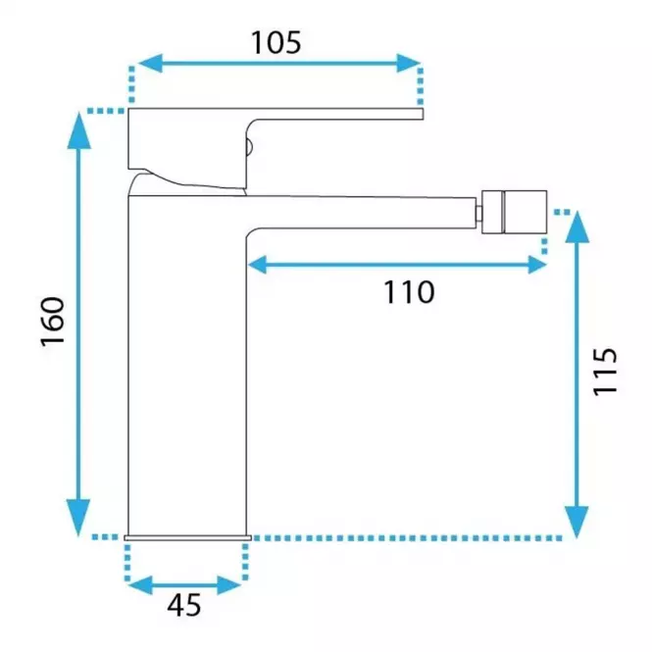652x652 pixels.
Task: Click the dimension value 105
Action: click(x=276, y=42)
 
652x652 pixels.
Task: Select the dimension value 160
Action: click(x=53, y=321)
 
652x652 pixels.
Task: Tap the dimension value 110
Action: click(x=409, y=292)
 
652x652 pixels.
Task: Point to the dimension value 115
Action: click(x=605, y=372)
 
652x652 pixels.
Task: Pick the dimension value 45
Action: click(x=184, y=605)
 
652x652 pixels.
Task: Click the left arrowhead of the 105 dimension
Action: click(x=150, y=63)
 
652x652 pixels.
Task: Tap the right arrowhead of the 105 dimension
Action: click(x=409, y=63)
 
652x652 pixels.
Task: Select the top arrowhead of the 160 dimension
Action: click(x=79, y=130)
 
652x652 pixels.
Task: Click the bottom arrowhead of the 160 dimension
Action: click(x=78, y=518)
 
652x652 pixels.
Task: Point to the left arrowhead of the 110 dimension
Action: click(x=258, y=265)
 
